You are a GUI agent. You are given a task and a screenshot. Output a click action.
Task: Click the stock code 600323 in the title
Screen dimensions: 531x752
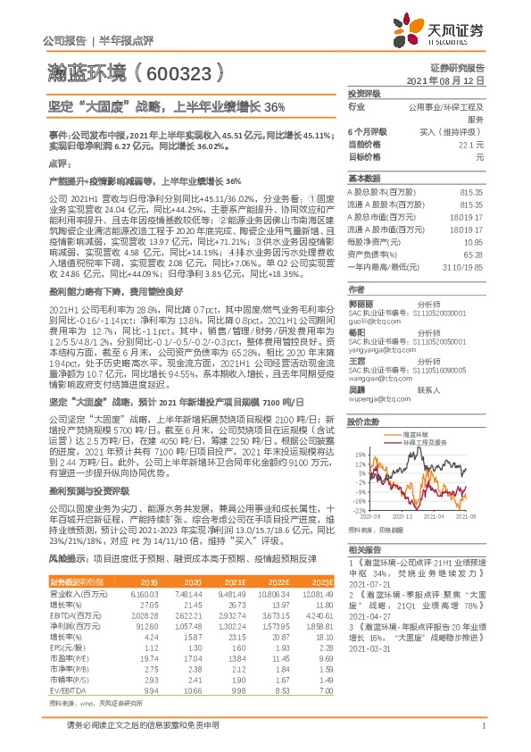178,71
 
